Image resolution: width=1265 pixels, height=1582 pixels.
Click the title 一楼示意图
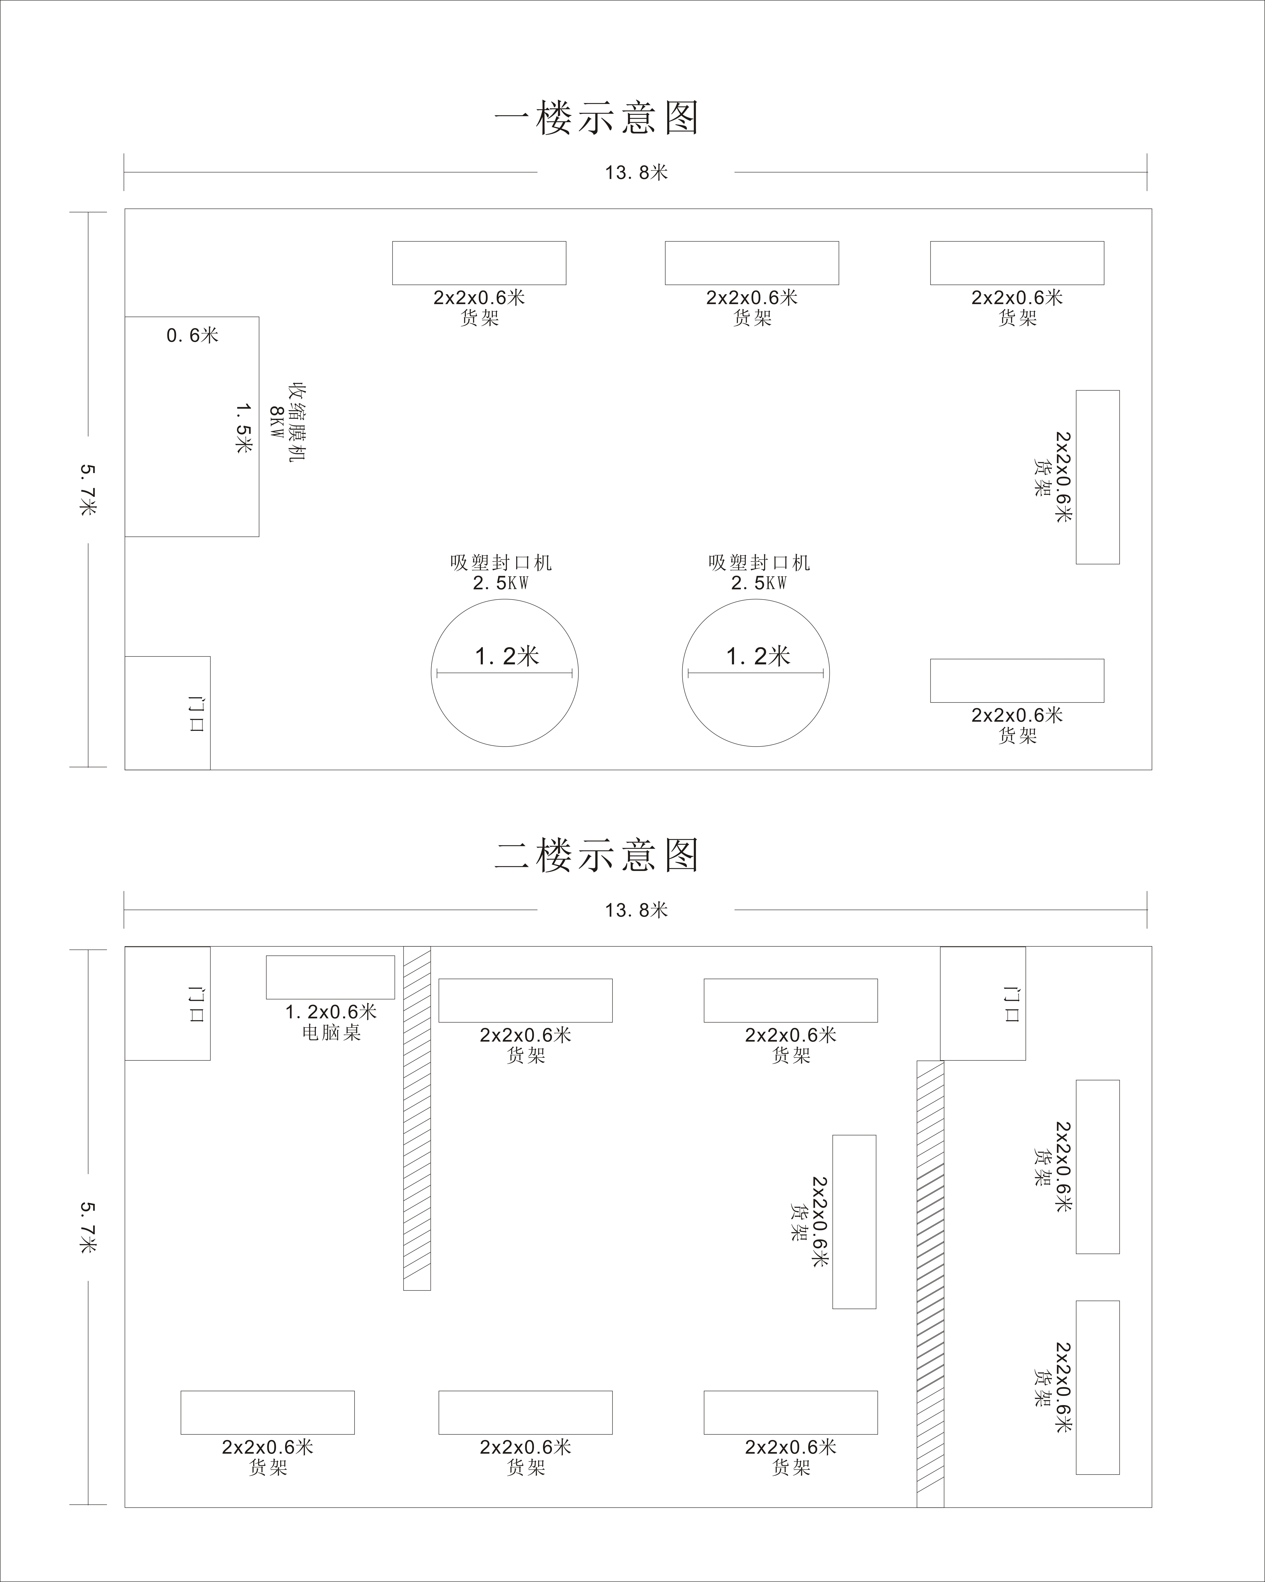(597, 118)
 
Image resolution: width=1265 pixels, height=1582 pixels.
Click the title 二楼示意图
(597, 856)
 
